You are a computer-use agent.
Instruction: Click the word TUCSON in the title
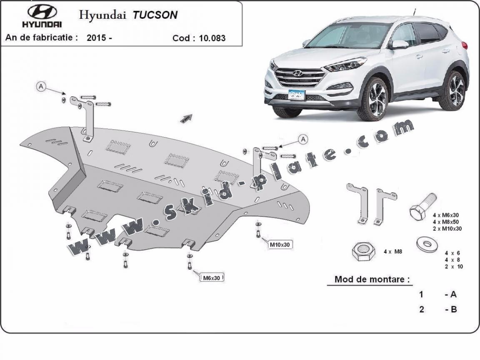tap(155, 15)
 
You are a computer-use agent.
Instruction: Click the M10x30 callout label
tap(279, 245)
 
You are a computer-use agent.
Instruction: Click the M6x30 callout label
tap(212, 277)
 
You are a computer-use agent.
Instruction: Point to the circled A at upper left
tap(41, 86)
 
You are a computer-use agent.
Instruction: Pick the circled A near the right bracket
tap(303, 139)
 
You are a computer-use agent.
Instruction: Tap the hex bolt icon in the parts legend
tap(421, 208)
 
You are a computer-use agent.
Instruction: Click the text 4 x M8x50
tap(447, 222)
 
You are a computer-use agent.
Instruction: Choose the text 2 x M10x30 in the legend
tap(447, 228)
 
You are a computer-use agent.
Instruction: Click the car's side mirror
tap(400, 44)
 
